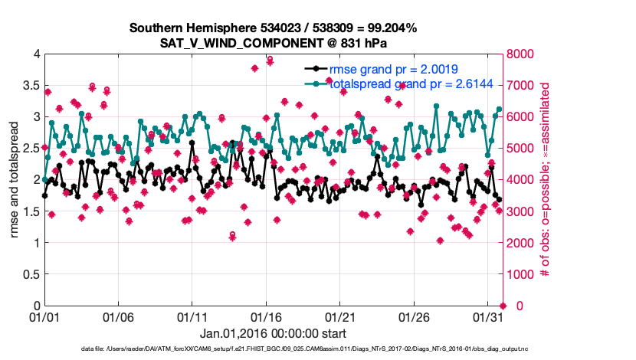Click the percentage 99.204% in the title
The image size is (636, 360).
tap(389, 28)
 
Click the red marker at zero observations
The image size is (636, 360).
tap(502, 306)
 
